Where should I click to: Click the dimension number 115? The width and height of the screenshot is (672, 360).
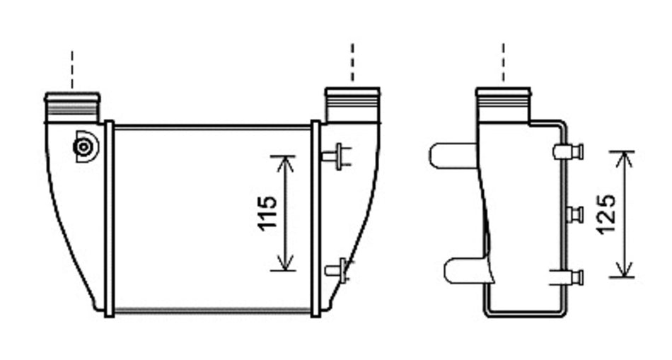click(267, 213)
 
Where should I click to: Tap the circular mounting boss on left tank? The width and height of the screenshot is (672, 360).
click(84, 147)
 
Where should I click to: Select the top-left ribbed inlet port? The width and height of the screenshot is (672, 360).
click(72, 108)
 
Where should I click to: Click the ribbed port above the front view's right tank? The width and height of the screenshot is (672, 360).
click(353, 105)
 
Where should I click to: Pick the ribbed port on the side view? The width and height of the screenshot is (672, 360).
click(504, 105)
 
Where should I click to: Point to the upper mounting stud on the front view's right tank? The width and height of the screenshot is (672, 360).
click(337, 156)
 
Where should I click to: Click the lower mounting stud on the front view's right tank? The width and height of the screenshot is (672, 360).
click(337, 270)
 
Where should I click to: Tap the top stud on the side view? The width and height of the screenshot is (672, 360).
click(569, 151)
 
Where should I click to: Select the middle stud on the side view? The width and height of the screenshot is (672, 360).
click(574, 214)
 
